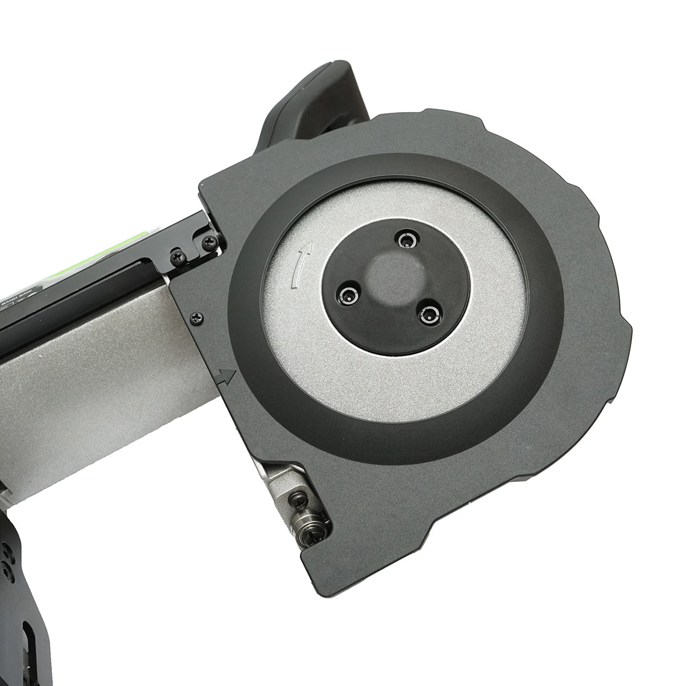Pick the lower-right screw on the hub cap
point(429,312)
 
